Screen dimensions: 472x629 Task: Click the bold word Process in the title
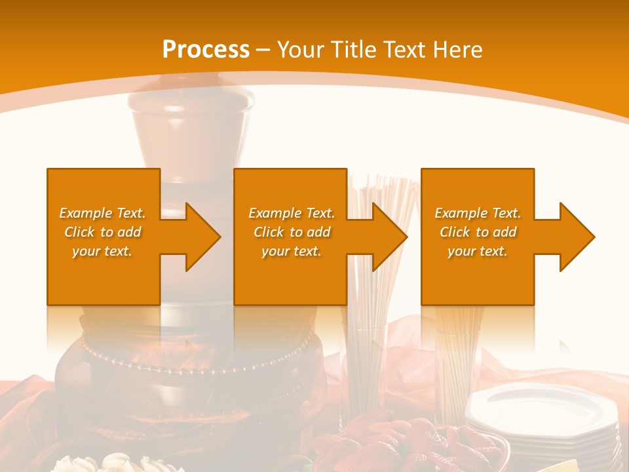click(x=206, y=50)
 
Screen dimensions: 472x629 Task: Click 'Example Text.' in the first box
click(x=103, y=213)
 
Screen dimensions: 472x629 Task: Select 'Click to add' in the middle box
click(x=292, y=232)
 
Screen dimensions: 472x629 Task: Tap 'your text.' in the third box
click(x=477, y=251)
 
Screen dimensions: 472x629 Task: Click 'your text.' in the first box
click(x=103, y=251)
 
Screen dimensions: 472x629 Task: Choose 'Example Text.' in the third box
click(x=478, y=213)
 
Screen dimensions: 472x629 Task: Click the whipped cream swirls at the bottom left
click(x=118, y=463)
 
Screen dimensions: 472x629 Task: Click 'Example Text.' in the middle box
click(x=292, y=213)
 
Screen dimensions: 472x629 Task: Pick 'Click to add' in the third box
click(x=478, y=232)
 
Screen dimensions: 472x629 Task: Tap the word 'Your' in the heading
click(x=299, y=50)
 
